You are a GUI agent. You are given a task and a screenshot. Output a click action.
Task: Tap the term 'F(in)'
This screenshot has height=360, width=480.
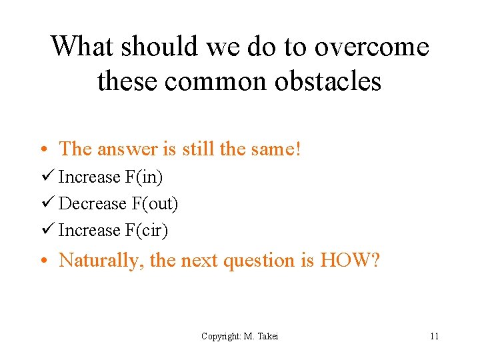coord(143,177)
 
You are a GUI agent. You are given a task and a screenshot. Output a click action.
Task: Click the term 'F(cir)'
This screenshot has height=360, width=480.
coord(146,231)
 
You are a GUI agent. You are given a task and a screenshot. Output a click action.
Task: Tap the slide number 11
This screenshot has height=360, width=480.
coord(434,336)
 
